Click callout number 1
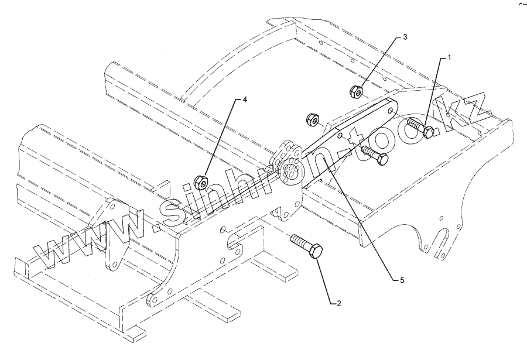[450, 57]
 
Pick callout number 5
[402, 280]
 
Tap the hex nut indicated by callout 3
[356, 91]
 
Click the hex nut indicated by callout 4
[202, 183]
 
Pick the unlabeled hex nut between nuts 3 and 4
[313, 119]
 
